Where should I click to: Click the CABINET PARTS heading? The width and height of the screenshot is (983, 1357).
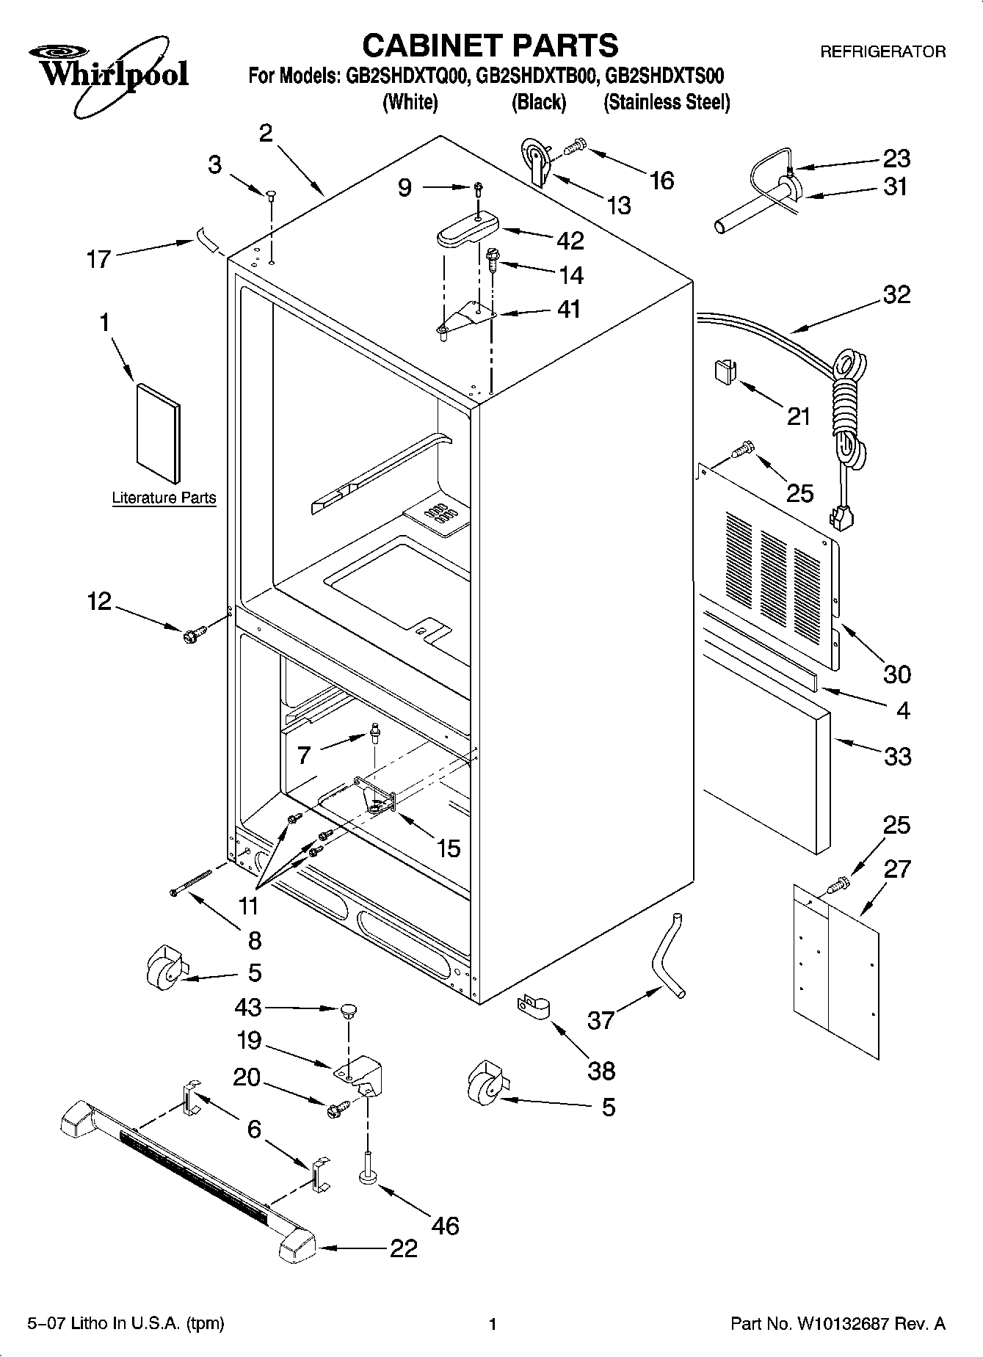pyautogui.click(x=490, y=46)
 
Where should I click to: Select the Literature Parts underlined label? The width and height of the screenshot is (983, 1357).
pyautogui.click(x=164, y=498)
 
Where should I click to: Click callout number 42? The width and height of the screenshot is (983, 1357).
pyautogui.click(x=570, y=240)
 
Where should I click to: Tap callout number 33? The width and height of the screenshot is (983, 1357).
pyautogui.click(x=897, y=756)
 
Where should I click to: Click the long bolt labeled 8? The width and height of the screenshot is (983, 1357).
pyautogui.click(x=191, y=881)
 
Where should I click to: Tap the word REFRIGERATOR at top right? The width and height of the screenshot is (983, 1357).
pyautogui.click(x=882, y=52)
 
